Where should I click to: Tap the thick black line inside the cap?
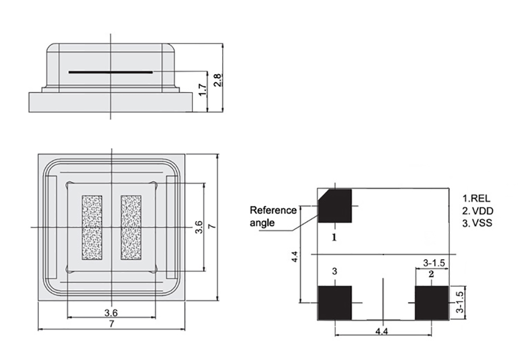pos(111,73)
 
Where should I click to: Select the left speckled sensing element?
pos(92,227)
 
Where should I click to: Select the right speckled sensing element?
pos(131,227)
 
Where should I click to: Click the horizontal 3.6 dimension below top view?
pos(111,312)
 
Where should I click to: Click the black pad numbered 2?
pos(431,303)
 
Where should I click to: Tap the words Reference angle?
pos(273,216)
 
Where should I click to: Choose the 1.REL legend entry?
pos(476,198)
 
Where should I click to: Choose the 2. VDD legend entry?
pos(477,210)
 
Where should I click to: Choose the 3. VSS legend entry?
pos(477,223)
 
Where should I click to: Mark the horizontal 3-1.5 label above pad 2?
pos(434,263)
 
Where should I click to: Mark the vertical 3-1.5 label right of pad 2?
pos(460,302)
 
